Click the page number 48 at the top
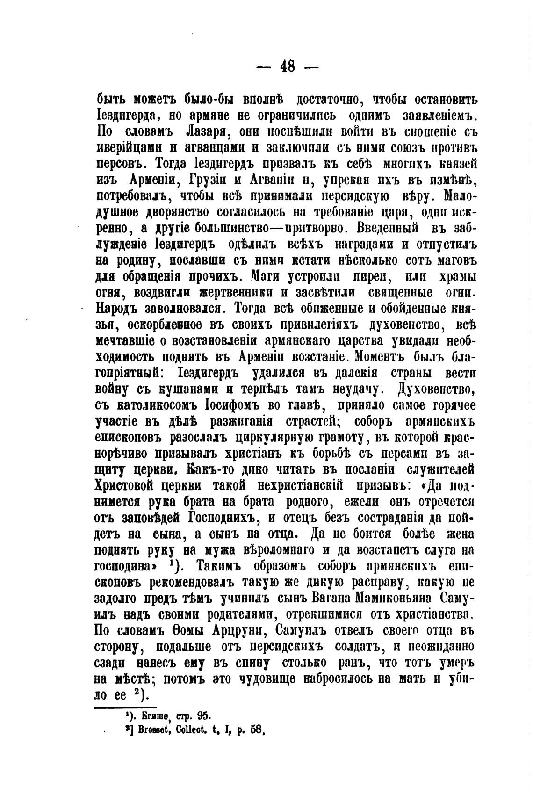click(288, 66)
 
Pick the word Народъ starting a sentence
click(122, 309)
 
